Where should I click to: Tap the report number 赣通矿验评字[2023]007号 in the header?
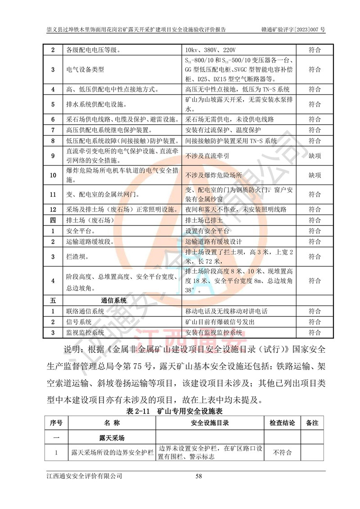click(x=293, y=30)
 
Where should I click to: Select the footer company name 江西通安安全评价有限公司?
click(x=85, y=476)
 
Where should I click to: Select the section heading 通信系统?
click(x=114, y=300)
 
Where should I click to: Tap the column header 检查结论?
click(x=282, y=423)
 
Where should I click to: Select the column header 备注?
click(x=312, y=423)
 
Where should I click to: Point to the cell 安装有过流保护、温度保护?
click(x=223, y=130)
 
